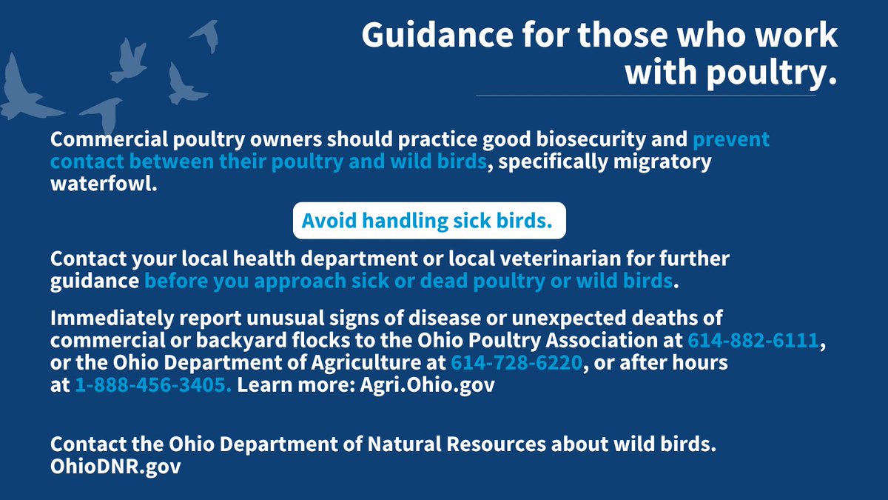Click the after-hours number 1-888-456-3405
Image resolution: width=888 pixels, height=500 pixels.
[x=153, y=386]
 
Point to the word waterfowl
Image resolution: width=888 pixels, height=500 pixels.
[x=104, y=183]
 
